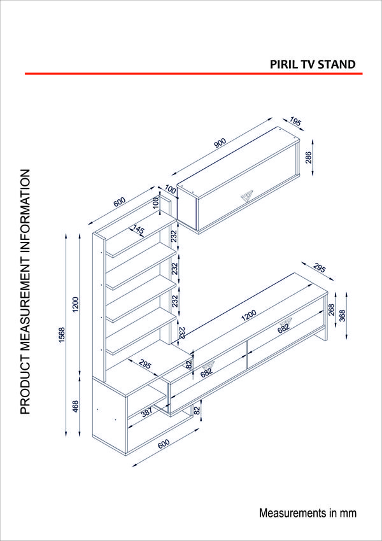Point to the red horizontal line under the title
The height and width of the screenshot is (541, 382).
click(191, 74)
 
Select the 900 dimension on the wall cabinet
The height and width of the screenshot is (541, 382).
click(220, 143)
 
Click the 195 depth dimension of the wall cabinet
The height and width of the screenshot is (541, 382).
click(295, 121)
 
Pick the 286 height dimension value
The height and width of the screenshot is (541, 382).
click(309, 158)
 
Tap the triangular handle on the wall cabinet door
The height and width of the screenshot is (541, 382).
click(247, 195)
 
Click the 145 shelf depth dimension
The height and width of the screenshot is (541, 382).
click(138, 230)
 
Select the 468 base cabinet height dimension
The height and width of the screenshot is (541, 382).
click(76, 405)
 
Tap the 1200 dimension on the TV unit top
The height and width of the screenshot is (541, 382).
click(248, 314)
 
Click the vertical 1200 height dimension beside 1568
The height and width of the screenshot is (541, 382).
click(76, 305)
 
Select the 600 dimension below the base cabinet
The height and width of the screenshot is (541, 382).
click(164, 446)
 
